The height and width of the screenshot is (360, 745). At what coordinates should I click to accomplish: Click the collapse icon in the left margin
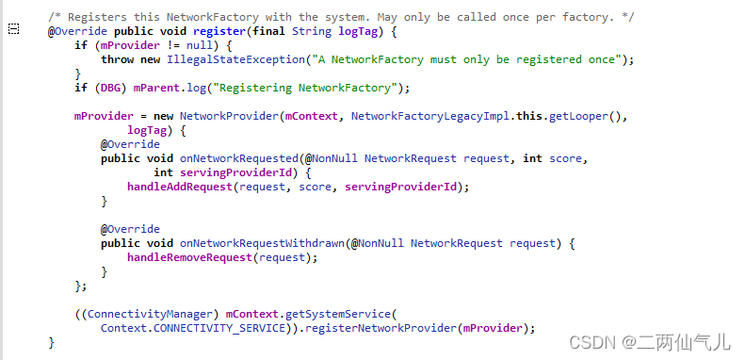(13, 30)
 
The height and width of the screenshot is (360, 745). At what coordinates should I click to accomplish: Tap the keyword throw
(117, 59)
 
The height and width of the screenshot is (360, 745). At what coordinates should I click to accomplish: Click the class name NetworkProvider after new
(225, 116)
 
